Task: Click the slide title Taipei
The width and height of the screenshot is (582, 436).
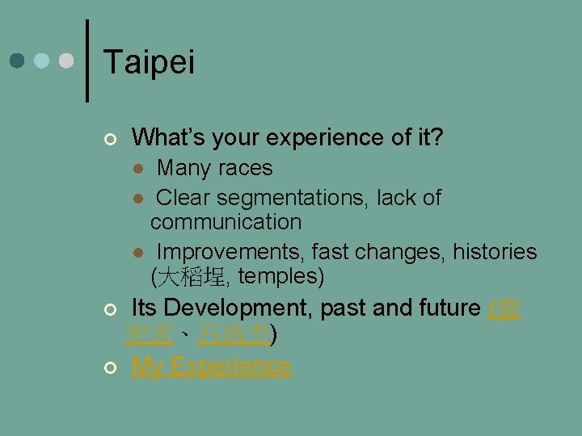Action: click(150, 62)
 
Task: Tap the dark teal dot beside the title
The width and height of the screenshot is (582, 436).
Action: click(19, 61)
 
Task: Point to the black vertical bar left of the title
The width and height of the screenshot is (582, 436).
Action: click(87, 61)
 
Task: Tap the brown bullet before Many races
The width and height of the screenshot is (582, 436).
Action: click(138, 170)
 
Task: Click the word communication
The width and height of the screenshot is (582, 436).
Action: click(226, 222)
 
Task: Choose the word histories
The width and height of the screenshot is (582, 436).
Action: click(494, 252)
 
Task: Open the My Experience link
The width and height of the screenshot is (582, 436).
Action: click(211, 366)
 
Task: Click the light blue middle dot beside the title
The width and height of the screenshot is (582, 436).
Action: click(42, 61)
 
